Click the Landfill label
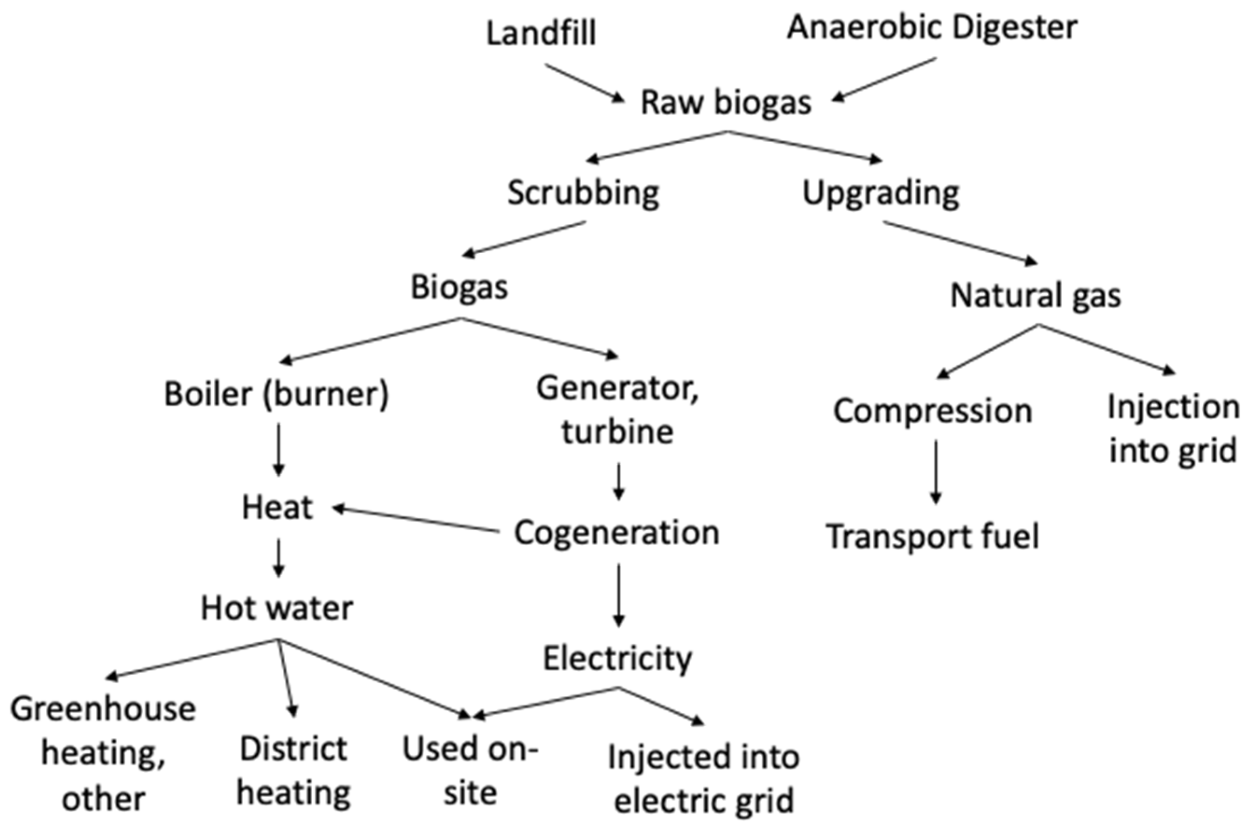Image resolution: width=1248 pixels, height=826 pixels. [541, 33]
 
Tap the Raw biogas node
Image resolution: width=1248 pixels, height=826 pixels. [726, 102]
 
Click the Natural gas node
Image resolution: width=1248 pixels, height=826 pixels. [1035, 296]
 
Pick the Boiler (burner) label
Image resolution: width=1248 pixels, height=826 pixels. [277, 394]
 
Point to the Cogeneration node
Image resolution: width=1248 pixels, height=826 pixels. [617, 533]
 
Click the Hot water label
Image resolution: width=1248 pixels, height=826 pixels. [277, 609]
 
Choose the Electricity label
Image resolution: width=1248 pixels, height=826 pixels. [617, 659]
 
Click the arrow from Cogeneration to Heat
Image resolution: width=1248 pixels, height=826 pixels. [416, 520]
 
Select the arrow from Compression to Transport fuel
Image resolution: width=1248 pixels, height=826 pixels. [935, 472]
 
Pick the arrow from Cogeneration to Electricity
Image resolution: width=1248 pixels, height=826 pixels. [619, 595]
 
